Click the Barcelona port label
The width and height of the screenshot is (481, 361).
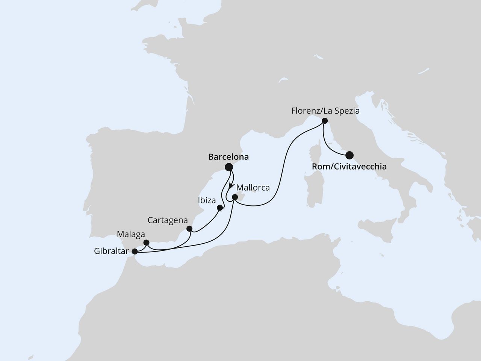click(x=228, y=157)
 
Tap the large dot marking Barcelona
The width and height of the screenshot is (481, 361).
click(x=228, y=167)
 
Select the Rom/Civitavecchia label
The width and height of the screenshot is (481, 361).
click(x=349, y=166)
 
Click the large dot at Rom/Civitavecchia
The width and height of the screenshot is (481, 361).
click(x=349, y=155)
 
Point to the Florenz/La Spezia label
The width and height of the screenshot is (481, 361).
click(x=325, y=111)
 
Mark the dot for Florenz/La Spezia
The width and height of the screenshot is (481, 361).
click(x=325, y=121)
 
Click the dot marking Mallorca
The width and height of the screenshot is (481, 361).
click(x=235, y=197)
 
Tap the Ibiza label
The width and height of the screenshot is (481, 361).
click(x=207, y=200)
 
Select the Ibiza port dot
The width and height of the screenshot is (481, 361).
click(x=220, y=207)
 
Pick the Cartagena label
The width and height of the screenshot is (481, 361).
click(x=168, y=220)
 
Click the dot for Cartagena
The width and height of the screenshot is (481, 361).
click(x=189, y=229)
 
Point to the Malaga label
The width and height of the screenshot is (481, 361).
click(x=131, y=234)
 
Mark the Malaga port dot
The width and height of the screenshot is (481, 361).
click(x=147, y=243)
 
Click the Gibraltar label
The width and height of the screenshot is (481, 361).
click(x=111, y=251)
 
